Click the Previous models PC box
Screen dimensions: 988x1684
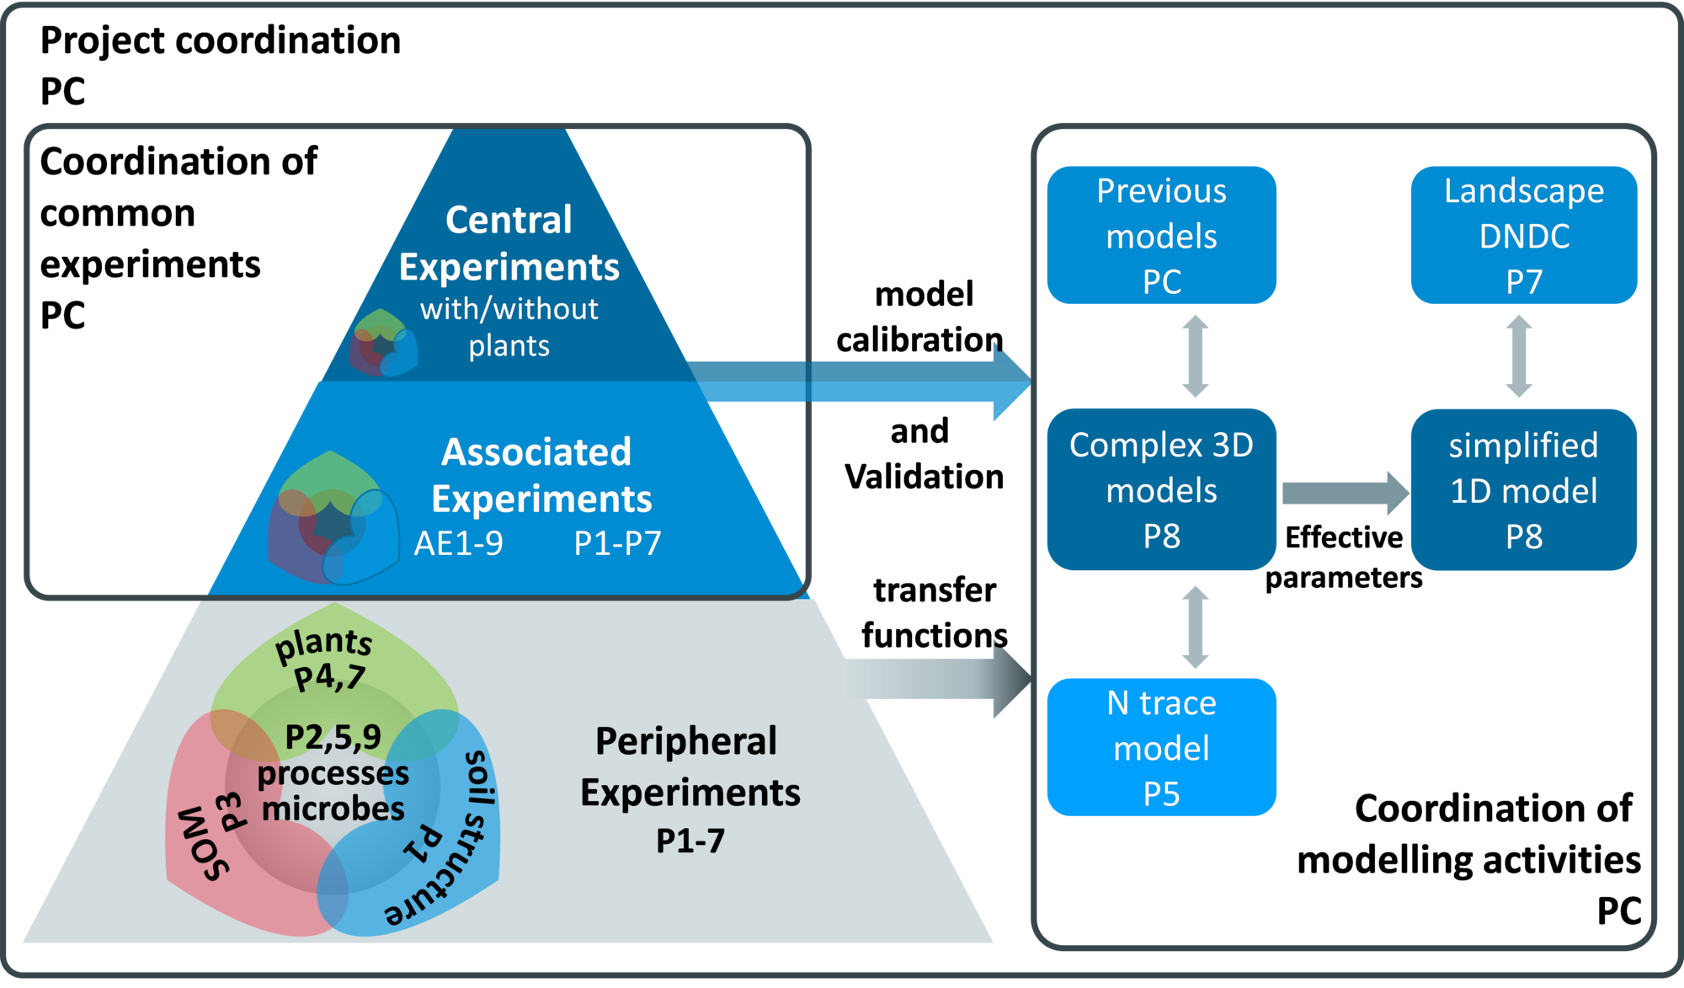click(1161, 235)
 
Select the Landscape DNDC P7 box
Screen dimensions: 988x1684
click(1523, 235)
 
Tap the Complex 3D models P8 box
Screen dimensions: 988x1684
click(1161, 489)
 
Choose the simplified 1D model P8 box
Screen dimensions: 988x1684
click(1523, 489)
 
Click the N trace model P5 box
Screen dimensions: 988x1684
click(1161, 747)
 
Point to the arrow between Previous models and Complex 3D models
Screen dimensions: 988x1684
click(1195, 356)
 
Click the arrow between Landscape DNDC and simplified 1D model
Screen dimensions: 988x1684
click(1518, 356)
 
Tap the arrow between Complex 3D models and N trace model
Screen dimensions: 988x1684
click(1195, 628)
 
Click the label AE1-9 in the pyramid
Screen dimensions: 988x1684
click(458, 544)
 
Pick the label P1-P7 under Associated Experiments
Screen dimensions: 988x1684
click(617, 544)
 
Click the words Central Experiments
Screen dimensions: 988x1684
click(509, 243)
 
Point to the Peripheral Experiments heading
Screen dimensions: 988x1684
click(690, 766)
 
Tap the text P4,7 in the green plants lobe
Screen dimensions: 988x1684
click(329, 677)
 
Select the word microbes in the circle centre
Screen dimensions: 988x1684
click(333, 809)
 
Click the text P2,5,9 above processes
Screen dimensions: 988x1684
click(333, 737)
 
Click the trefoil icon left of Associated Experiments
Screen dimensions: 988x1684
click(332, 519)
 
